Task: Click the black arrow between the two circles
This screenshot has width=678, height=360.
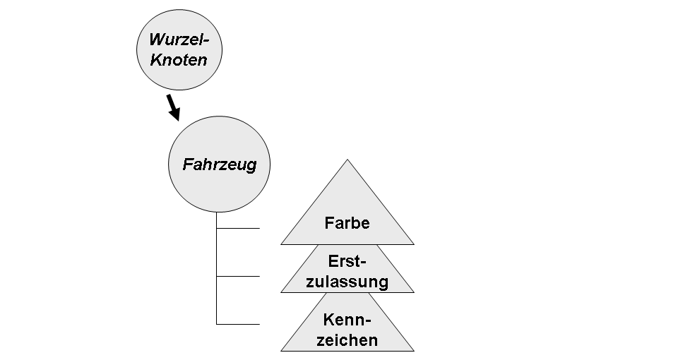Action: coord(173,105)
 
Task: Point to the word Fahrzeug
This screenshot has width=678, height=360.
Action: coord(219,165)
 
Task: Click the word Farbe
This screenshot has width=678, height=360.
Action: coord(347,223)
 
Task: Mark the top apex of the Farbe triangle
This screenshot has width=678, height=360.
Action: coord(347,161)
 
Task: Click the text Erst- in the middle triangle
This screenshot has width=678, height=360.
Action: coord(347,261)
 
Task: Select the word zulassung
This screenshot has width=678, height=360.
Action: coord(347,282)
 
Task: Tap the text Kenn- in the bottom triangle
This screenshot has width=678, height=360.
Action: coord(347,319)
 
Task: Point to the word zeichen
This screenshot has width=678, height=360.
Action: coord(347,340)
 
